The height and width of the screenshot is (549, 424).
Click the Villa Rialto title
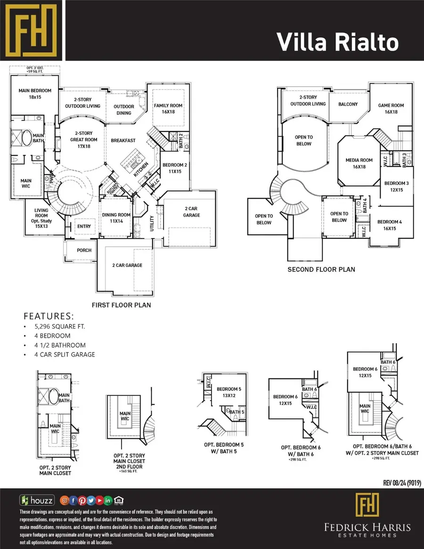click(337, 42)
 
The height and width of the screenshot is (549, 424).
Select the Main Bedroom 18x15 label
click(35, 94)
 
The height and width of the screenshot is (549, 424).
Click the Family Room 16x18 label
click(168, 109)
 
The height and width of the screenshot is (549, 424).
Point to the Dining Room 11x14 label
click(116, 218)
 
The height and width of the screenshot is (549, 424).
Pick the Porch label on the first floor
click(84, 250)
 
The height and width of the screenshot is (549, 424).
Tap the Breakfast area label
click(123, 140)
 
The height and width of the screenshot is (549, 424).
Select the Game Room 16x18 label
click(391, 109)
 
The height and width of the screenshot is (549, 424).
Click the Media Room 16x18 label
click(359, 164)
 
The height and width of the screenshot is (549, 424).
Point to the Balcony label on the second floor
click(348, 104)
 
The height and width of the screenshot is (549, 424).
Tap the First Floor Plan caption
click(122, 305)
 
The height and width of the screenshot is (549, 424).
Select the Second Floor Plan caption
click(321, 270)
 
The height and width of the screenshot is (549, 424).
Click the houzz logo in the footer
click(37, 500)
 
